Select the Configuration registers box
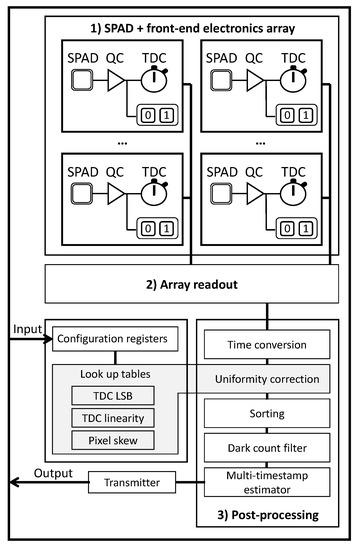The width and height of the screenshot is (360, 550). [x=116, y=339]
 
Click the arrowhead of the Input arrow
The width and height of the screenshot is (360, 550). [x=51, y=339]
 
